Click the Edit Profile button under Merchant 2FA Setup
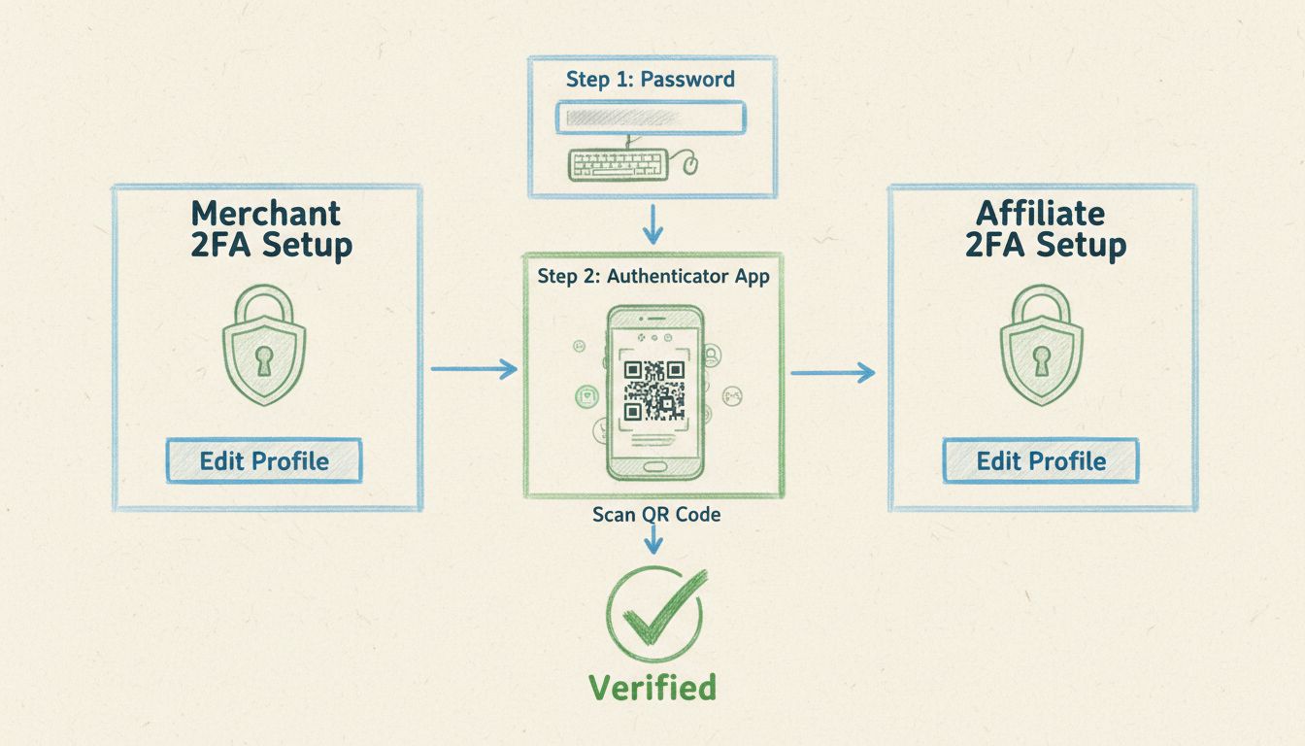click(264, 460)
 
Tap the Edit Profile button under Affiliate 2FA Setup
click(1041, 460)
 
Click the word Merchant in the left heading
click(266, 214)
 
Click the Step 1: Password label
click(652, 80)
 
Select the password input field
click(651, 118)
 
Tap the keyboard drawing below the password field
click(618, 163)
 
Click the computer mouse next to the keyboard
click(691, 166)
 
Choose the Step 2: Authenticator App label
click(652, 277)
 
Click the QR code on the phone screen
click(653, 390)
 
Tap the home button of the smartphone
click(653, 466)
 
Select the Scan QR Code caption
click(656, 515)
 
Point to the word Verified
click(652, 687)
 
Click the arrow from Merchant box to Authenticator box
click(473, 368)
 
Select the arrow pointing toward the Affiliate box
click(833, 372)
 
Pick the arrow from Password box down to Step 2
click(652, 226)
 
